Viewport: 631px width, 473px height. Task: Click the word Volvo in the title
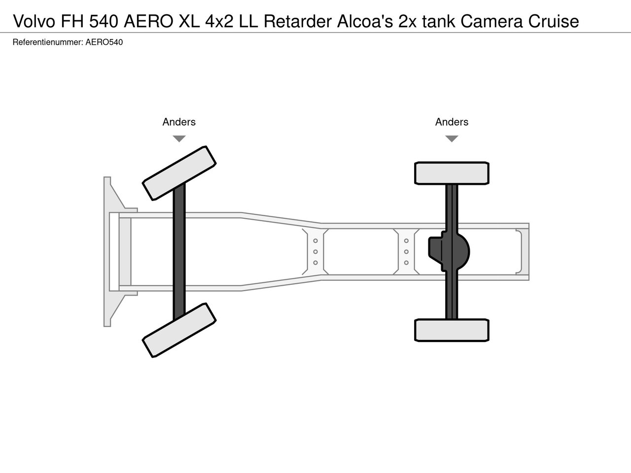[x=34, y=21]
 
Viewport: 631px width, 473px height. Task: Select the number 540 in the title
[x=104, y=21]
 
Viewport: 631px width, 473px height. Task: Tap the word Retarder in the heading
[x=297, y=21]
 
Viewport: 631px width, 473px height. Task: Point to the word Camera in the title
[x=491, y=21]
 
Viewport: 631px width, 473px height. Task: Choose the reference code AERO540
[x=104, y=42]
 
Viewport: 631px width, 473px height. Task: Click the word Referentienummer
[x=48, y=42]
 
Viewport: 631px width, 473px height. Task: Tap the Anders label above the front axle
[x=179, y=122]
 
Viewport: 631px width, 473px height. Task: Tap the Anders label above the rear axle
[x=452, y=122]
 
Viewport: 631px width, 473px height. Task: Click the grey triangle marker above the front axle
[x=179, y=138]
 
